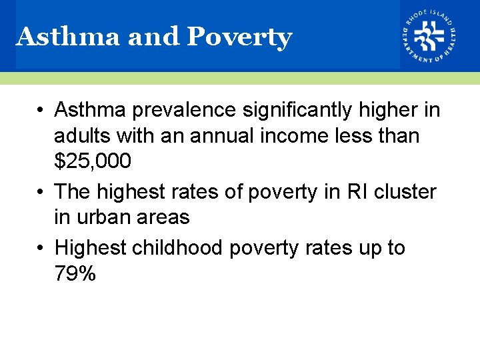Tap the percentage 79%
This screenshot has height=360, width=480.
coord(75,273)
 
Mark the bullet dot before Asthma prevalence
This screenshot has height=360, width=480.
coord(41,110)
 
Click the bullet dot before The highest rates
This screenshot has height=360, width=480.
coord(41,193)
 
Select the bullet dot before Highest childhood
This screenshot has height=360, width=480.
coord(41,249)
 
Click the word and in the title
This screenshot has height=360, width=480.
coord(154,37)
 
